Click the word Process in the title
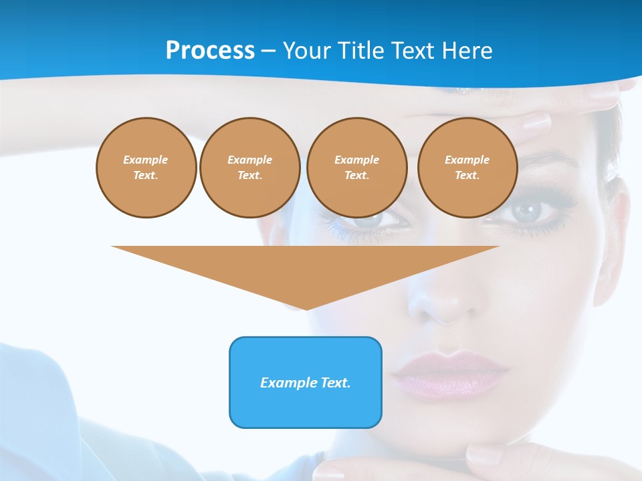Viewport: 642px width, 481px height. [210, 51]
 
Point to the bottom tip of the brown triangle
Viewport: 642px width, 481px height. [306, 309]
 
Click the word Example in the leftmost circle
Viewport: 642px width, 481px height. [146, 160]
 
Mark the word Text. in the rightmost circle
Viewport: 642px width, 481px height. [467, 175]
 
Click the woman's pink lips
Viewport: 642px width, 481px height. [448, 374]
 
